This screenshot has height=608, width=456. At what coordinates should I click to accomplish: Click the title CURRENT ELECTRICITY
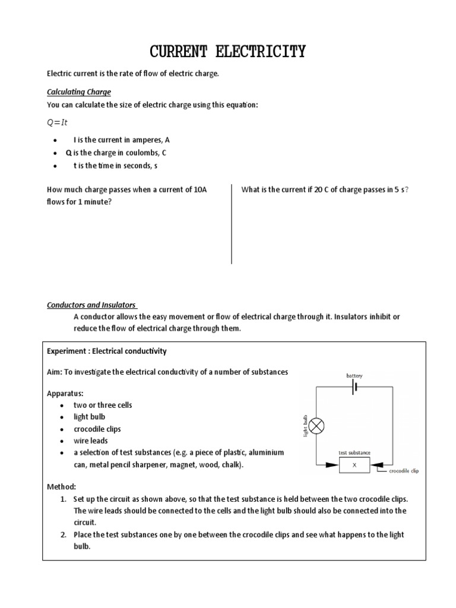tap(227, 52)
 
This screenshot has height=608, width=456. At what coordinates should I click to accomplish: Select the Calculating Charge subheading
tap(79, 92)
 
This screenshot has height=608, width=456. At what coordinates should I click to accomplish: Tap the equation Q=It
tap(58, 122)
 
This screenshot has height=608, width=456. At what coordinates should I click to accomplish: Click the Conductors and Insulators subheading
tap(91, 305)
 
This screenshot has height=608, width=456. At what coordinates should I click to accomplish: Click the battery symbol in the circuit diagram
tap(354, 387)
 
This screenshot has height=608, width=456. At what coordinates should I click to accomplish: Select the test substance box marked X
tap(354, 465)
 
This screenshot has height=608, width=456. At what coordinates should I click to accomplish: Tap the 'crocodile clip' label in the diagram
tap(404, 471)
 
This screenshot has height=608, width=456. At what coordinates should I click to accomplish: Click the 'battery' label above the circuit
tap(354, 376)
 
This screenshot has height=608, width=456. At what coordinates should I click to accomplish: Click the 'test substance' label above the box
tap(354, 452)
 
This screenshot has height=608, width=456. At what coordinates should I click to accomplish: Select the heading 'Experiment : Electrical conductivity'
tap(107, 351)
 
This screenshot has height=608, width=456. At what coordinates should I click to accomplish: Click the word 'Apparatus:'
tap(65, 393)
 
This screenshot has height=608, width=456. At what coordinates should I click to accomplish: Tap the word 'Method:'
tap(62, 486)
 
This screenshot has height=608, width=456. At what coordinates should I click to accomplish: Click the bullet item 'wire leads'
tap(91, 441)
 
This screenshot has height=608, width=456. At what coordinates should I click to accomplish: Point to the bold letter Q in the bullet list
tap(69, 152)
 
